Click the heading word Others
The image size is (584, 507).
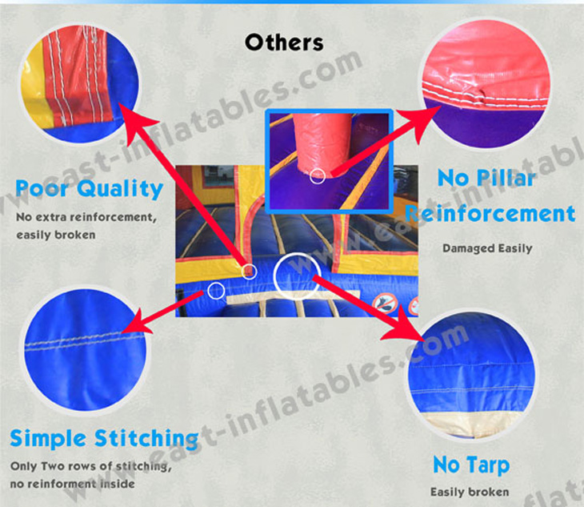click(x=284, y=42)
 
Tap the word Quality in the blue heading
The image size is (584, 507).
click(x=120, y=189)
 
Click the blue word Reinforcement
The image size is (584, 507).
click(x=490, y=214)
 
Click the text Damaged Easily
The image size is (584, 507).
click(x=487, y=248)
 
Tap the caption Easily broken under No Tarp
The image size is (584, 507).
click(x=470, y=492)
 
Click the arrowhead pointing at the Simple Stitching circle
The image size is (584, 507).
click(x=136, y=321)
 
